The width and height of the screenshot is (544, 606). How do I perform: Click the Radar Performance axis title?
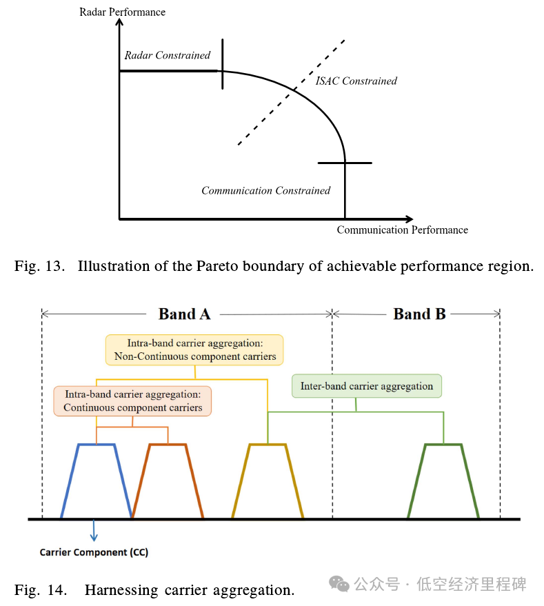point(122,12)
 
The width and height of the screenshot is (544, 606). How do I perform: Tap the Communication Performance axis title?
point(402,230)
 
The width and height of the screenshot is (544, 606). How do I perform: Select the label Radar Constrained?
point(167,55)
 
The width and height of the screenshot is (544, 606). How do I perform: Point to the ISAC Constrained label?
point(356,81)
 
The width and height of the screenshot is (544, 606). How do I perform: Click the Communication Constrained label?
point(265,190)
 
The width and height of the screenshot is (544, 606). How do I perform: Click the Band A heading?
point(184,314)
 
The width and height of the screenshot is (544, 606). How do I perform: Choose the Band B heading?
point(419,314)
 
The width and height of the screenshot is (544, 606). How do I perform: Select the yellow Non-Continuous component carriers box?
point(195,350)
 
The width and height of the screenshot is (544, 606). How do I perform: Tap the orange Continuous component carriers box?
point(132,401)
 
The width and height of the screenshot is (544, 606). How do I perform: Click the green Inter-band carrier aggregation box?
point(366,386)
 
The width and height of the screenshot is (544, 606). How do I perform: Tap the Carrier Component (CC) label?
point(94,553)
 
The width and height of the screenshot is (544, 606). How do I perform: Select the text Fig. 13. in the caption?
point(39,266)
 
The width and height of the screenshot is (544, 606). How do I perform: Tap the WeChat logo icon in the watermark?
point(339,585)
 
